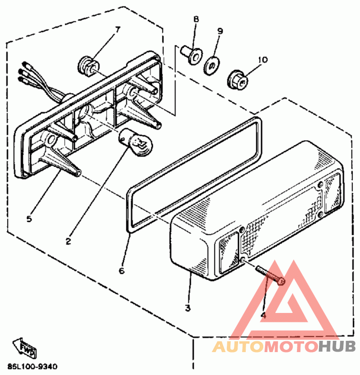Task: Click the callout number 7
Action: [x=118, y=30]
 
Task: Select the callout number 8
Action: [x=196, y=19]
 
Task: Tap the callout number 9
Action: [x=220, y=31]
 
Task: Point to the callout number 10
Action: [x=263, y=59]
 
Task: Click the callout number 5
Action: [x=29, y=219]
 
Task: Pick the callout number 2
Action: [x=68, y=241]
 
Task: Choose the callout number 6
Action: [x=121, y=271]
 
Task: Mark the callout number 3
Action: [x=188, y=308]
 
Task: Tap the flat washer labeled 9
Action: [x=212, y=66]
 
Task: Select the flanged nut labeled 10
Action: [x=238, y=80]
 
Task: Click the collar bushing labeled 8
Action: [x=192, y=54]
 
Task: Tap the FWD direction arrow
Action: [x=24, y=348]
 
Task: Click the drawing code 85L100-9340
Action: [x=32, y=366]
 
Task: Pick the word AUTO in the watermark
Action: [x=239, y=347]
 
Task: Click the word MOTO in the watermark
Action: [x=292, y=347]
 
